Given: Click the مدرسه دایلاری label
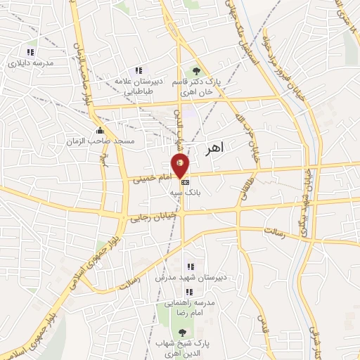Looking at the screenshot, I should click(x=31, y=63).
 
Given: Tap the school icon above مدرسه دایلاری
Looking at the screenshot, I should click(x=30, y=52).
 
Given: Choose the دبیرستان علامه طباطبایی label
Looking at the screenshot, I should click(x=139, y=86).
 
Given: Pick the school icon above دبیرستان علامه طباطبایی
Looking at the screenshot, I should click(x=139, y=70).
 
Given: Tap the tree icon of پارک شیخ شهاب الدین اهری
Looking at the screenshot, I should click(x=182, y=333).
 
